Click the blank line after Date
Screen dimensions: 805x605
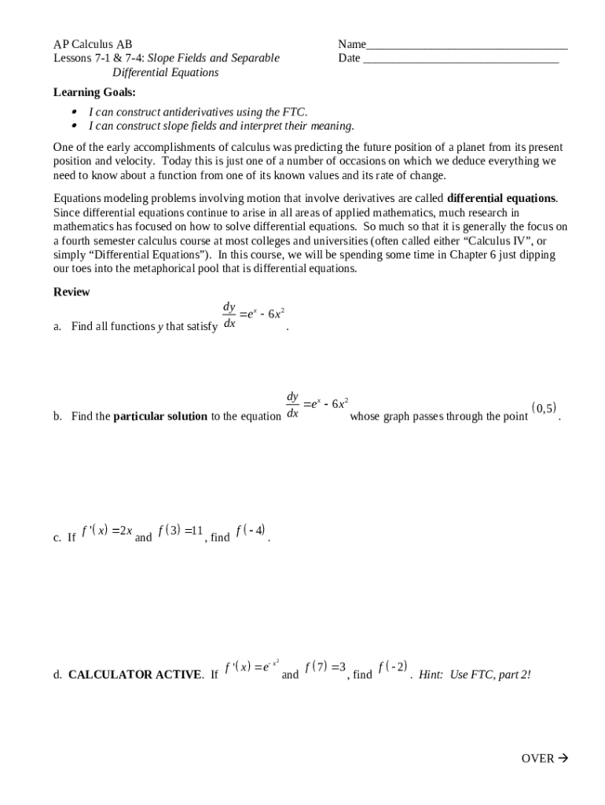pyautogui.click(x=460, y=60)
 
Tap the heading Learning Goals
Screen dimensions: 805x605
pyautogui.click(x=94, y=92)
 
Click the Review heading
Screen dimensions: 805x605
pyautogui.click(x=71, y=292)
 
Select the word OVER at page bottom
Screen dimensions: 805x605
pyautogui.click(x=537, y=759)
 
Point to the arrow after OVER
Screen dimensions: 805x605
pyautogui.click(x=563, y=759)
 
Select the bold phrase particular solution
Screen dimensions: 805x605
pyautogui.click(x=160, y=417)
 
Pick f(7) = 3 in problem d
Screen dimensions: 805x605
pyautogui.click(x=325, y=667)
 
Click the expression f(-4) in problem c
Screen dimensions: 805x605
pyautogui.click(x=251, y=531)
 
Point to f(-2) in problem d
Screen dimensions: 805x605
pyautogui.click(x=393, y=667)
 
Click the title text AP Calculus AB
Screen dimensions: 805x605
pyautogui.click(x=93, y=44)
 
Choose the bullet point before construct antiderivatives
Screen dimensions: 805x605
pyautogui.click(x=75, y=112)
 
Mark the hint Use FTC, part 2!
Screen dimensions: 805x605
pyautogui.click(x=475, y=675)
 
